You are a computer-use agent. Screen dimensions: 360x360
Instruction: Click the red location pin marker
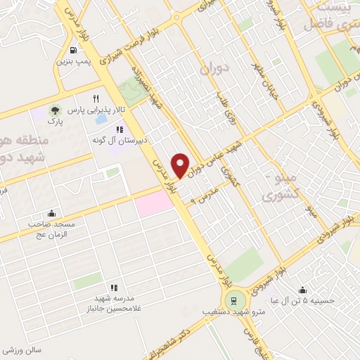181,165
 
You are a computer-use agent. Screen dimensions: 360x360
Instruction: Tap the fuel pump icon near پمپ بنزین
73,50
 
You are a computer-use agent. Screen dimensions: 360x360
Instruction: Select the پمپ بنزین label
72,61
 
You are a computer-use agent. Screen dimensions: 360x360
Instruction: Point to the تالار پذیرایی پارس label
96,111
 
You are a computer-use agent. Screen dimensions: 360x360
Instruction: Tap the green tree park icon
54,111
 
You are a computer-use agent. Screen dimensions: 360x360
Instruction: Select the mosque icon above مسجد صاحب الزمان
51,213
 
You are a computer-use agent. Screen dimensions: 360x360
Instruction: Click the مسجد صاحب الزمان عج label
51,229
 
